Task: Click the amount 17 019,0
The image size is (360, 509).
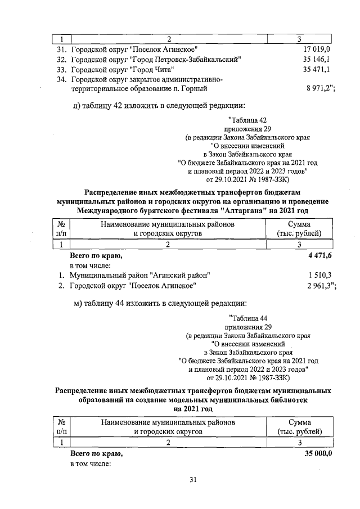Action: [316, 49]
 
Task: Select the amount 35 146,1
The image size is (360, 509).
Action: [316, 60]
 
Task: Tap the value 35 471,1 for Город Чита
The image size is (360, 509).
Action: [316, 70]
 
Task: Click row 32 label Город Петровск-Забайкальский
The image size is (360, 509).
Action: [157, 60]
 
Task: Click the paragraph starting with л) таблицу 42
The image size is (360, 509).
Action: [160, 106]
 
